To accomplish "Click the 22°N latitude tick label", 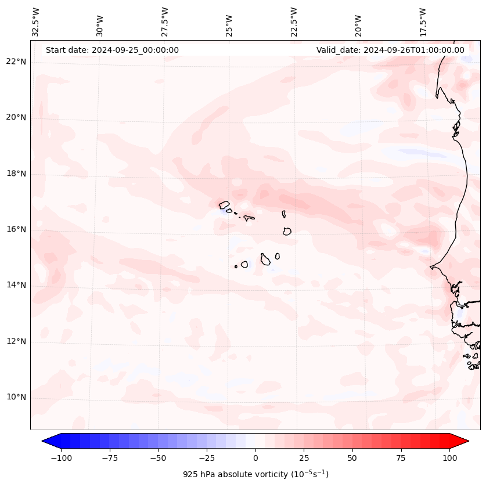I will click(x=16, y=62).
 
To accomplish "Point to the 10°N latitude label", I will click(x=16, y=398).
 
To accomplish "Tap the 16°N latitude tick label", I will click(x=16, y=229).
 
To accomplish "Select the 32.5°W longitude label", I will click(x=37, y=21).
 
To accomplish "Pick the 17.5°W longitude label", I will click(x=423, y=21).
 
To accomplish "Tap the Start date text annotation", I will click(x=112, y=50).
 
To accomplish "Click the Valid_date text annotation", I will click(x=390, y=50).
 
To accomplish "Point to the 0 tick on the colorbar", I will click(x=255, y=458).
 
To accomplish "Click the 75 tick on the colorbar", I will click(x=401, y=458).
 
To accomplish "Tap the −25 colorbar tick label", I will click(x=207, y=458).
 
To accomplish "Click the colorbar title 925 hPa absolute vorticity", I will click(x=255, y=474).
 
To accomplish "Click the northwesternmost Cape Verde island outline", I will click(x=224, y=205).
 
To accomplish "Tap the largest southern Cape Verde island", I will click(x=265, y=259).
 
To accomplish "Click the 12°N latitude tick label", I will click(x=16, y=341).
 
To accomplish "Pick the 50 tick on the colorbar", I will click(x=352, y=458).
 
